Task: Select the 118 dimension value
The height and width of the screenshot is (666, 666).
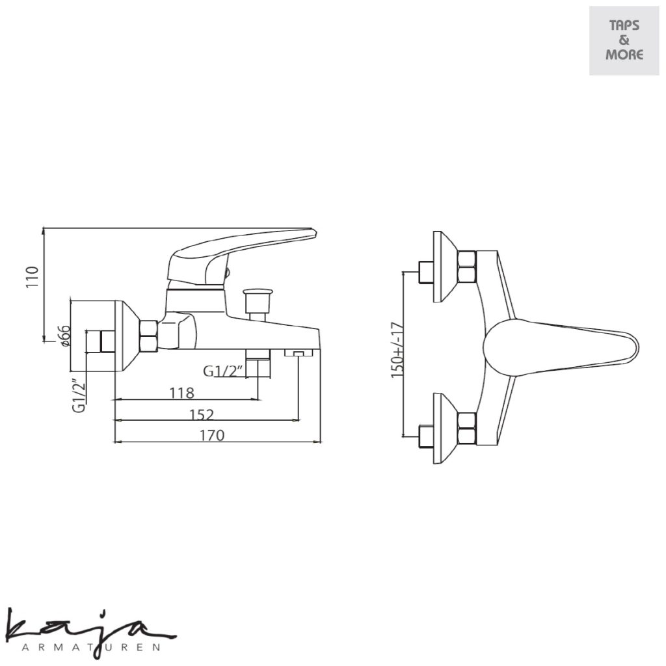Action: point(181,393)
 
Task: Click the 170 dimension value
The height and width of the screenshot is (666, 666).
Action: point(212,435)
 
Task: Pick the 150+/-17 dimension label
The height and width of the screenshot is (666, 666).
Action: point(397,348)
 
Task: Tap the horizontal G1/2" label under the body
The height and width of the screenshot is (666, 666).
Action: point(223,371)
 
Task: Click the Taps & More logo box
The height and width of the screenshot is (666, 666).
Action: point(624,40)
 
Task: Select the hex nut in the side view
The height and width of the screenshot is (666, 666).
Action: point(149,336)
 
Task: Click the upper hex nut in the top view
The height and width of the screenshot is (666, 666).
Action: point(468,267)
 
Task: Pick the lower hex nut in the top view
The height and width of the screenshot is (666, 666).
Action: point(468,429)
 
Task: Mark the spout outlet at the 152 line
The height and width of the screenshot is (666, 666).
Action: point(299,353)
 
